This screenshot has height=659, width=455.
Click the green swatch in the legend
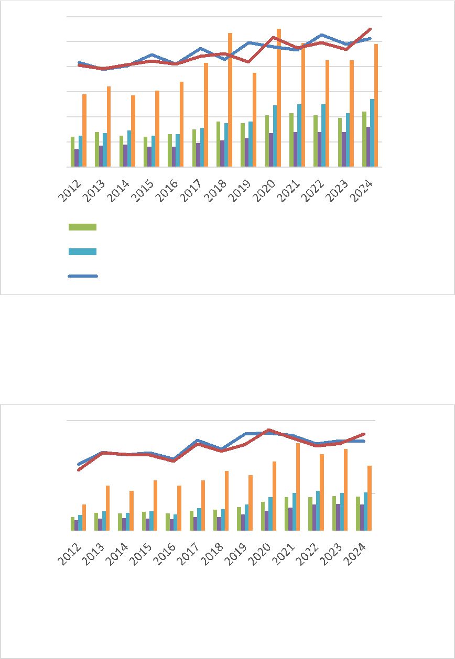82,227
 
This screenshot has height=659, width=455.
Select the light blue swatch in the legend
82,251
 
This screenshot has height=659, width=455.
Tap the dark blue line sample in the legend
83,276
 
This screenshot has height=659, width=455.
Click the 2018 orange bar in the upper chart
230,100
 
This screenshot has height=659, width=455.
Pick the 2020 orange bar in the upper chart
279,97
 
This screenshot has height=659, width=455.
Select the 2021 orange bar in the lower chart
297,487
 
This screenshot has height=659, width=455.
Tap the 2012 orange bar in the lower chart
84,517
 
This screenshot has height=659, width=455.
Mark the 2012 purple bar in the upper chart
77,158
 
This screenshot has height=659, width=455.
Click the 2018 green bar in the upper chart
218,144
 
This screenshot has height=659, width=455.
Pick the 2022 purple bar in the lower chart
314,517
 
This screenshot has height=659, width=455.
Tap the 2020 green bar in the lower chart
263,516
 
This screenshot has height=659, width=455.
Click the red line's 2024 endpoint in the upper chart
371,29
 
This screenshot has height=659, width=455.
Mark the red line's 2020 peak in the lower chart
269,430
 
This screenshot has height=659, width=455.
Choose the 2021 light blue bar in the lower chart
294,511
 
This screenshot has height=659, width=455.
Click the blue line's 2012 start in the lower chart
79,464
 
